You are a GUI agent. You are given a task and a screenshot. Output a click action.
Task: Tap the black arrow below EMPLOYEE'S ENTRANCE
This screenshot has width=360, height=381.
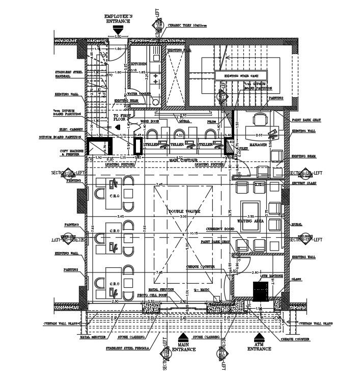[x=118, y=32]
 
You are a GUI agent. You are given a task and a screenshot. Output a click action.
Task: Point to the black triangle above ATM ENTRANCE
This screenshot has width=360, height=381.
[x=259, y=336]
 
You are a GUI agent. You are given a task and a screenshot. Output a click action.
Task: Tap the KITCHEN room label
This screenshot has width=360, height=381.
[x=139, y=64]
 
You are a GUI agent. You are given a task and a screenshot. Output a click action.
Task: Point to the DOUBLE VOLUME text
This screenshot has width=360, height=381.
[x=186, y=211]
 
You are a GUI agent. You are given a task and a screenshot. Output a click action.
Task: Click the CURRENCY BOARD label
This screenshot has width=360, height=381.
[x=219, y=229]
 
